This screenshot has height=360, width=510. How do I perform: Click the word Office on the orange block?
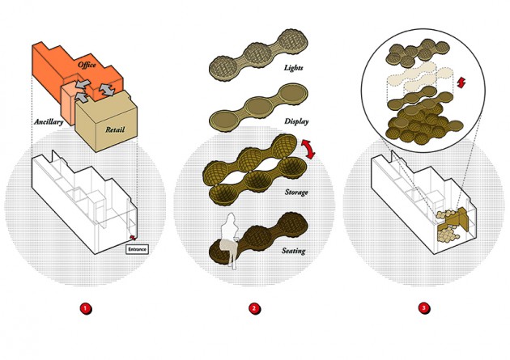[87, 65]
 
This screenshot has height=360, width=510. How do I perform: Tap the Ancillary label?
[49, 122]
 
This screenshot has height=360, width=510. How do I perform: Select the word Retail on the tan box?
[115, 129]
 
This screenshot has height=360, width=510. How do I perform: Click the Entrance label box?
[138, 249]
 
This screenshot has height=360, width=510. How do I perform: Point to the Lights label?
[293, 68]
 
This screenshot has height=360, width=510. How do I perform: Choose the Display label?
[296, 121]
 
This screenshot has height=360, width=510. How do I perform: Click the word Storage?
[296, 192]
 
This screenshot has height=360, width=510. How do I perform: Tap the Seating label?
[293, 251]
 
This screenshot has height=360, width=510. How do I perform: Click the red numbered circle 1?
[86, 308]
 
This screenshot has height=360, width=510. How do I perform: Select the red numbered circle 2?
[254, 308]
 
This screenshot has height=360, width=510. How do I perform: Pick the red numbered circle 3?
[424, 308]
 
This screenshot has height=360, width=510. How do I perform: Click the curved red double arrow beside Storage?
[310, 149]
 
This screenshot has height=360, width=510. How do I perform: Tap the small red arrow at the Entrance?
[133, 237]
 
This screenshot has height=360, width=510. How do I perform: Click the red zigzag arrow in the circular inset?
[461, 83]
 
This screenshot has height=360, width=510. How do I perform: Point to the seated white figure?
[230, 239]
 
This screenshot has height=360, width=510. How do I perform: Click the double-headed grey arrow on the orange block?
[107, 89]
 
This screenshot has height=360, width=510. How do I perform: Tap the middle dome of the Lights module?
[257, 53]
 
